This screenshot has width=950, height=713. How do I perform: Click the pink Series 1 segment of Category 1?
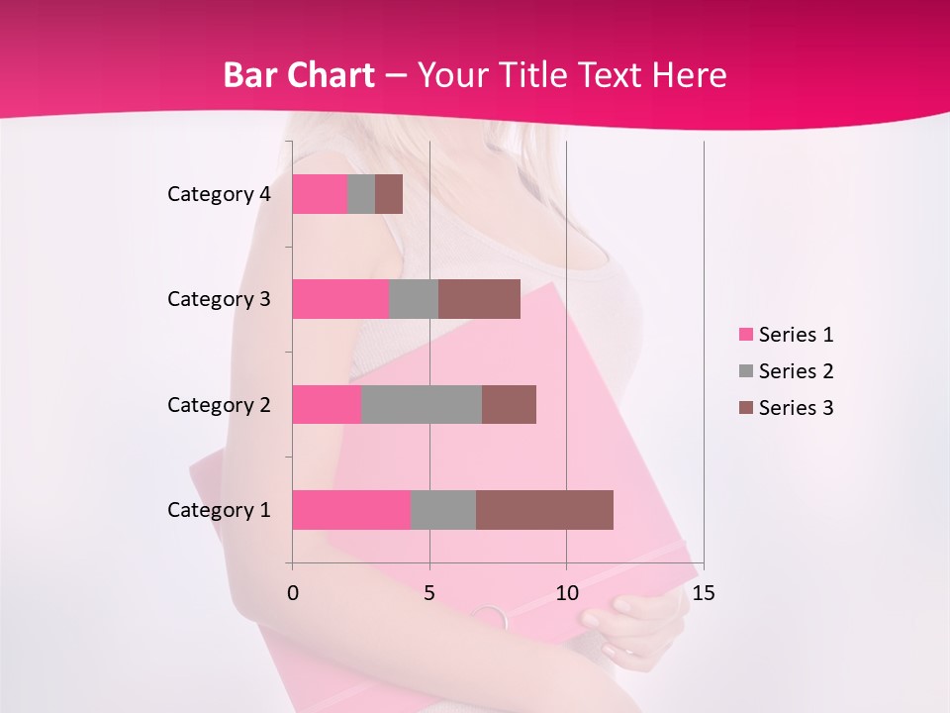[350, 510]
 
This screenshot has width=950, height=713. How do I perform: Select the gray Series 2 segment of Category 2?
[422, 404]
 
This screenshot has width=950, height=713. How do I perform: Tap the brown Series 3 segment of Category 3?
[479, 299]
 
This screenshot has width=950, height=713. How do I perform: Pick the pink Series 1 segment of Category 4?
[319, 194]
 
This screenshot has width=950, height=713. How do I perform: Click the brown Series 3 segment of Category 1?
[544, 510]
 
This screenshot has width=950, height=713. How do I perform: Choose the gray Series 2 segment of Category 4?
[361, 194]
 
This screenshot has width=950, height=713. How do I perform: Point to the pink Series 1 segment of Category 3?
[339, 299]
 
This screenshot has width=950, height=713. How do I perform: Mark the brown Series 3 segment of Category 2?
[509, 404]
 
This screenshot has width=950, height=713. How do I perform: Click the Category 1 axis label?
[219, 510]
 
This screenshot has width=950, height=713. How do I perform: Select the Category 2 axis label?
[219, 404]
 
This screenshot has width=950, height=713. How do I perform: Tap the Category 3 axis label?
[219, 299]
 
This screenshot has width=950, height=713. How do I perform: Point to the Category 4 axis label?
[219, 194]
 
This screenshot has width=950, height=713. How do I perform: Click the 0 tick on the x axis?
[293, 593]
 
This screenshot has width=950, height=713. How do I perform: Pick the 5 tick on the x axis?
[429, 593]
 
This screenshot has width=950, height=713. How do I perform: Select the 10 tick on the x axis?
[566, 593]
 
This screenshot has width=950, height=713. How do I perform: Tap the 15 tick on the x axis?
[704, 593]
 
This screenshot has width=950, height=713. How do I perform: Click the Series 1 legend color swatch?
[746, 335]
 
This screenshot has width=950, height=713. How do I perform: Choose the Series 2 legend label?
[796, 371]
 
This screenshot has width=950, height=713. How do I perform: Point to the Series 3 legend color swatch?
[746, 408]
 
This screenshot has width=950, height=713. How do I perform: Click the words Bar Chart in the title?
[298, 75]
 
